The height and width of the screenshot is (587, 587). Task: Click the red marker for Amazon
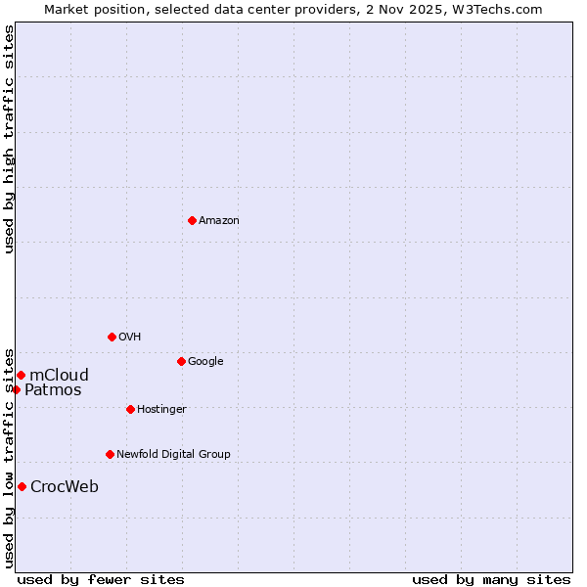point(192,220)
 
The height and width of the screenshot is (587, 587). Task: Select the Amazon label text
point(219,221)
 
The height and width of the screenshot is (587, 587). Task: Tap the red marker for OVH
point(112,337)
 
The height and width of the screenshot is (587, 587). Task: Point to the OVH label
point(130,338)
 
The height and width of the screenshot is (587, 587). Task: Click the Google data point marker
point(181,361)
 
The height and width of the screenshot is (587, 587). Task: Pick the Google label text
point(205,362)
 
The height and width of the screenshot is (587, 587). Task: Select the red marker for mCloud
point(21,375)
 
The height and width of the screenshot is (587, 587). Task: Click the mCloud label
point(60,376)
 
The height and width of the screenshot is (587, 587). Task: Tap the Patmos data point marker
point(16,389)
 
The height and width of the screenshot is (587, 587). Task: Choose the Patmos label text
point(53,390)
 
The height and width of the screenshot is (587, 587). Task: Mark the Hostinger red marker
point(130,409)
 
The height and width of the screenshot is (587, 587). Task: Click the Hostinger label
point(161,410)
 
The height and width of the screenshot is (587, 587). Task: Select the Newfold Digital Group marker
point(110,454)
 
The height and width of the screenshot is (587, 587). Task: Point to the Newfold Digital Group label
point(173,455)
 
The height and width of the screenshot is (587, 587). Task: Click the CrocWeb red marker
point(22,486)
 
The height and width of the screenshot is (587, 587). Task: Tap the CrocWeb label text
point(65,487)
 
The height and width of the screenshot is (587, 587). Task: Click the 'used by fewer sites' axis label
point(101,580)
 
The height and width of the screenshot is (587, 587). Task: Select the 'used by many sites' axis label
point(491,580)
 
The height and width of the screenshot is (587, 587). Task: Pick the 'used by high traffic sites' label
point(9,139)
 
